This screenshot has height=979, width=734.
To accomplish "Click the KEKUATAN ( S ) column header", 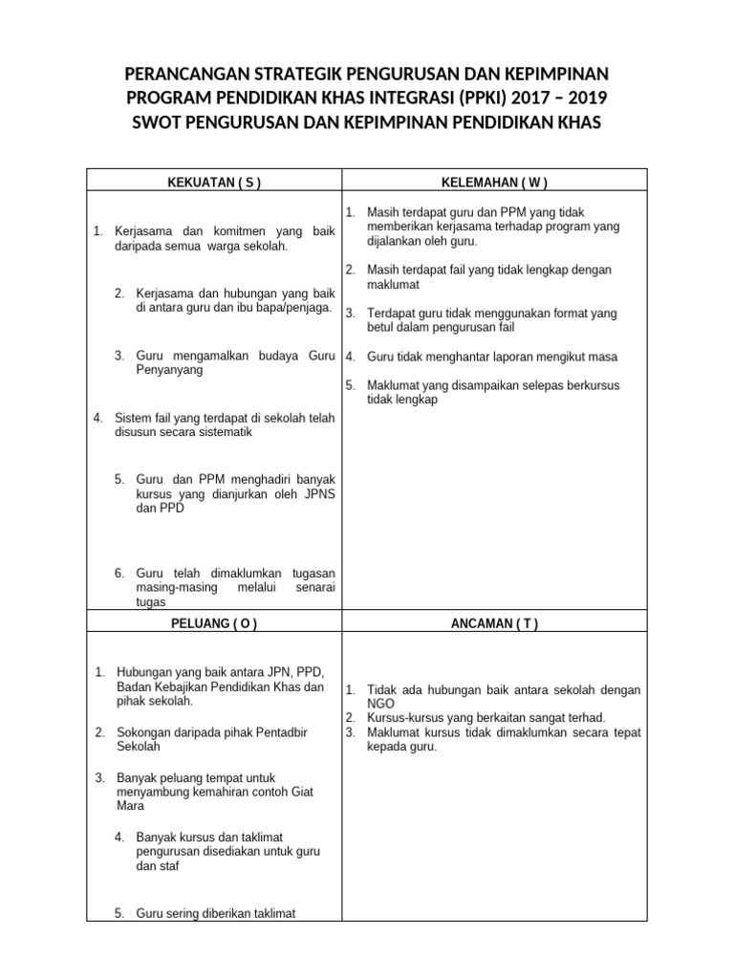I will click(214, 182).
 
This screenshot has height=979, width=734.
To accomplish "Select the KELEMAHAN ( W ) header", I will click(494, 182).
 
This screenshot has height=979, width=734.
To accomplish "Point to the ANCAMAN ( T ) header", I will click(494, 623).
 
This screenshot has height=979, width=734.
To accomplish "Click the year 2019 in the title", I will click(581, 98).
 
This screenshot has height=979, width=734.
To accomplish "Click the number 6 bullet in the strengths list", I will click(119, 573).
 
